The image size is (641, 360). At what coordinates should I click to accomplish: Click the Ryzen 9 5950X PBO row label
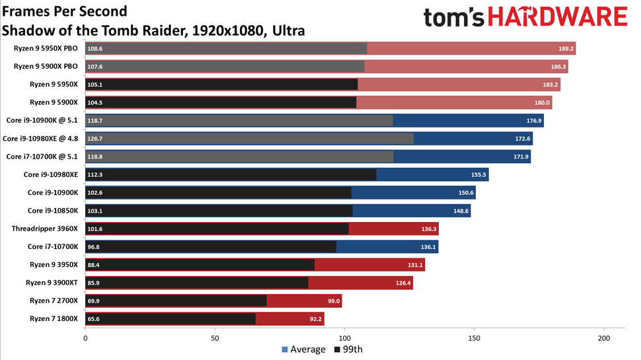click(46, 49)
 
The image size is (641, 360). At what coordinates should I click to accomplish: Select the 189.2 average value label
click(566, 49)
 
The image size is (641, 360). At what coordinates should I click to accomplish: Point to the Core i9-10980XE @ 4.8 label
click(41, 139)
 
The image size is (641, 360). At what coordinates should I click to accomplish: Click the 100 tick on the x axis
click(344, 338)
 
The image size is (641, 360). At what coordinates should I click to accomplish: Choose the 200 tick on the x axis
click(603, 338)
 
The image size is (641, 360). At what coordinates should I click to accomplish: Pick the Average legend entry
click(303, 349)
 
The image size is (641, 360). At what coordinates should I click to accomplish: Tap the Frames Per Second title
click(65, 12)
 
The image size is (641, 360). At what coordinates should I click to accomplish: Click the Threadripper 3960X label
click(45, 229)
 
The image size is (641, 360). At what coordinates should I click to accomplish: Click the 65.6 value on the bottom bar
click(96, 319)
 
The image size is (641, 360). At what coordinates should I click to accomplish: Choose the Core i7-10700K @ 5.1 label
click(42, 157)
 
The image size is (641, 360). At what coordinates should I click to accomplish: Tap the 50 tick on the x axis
click(215, 338)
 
